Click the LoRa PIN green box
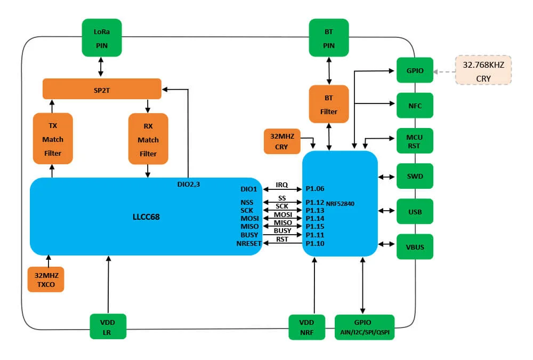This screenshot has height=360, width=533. tap(101, 37)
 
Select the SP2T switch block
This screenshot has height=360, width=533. tap(102, 89)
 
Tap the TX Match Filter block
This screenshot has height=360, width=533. tap(52, 139)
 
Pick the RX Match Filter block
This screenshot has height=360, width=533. tap(148, 139)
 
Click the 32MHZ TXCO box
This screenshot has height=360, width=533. tap(45, 279)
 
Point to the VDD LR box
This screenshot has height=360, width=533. tap(108, 326)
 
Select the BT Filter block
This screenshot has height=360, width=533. tap(329, 104)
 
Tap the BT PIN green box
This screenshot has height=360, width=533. tap(329, 37)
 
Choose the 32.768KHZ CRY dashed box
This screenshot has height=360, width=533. tap(483, 70)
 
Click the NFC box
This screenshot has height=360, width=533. tap(415, 106)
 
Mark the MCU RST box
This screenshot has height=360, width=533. tap(415, 141)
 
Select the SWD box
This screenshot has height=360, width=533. tap(415, 176)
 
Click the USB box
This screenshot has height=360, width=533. tap(415, 212)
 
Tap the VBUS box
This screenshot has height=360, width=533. tap(415, 247)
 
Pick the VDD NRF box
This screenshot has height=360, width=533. tap(306, 327)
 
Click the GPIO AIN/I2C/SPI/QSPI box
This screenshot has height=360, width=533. tap(365, 327)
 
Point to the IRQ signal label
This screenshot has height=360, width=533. tap(281, 185)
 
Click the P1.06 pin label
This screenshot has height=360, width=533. tap(315, 189)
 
